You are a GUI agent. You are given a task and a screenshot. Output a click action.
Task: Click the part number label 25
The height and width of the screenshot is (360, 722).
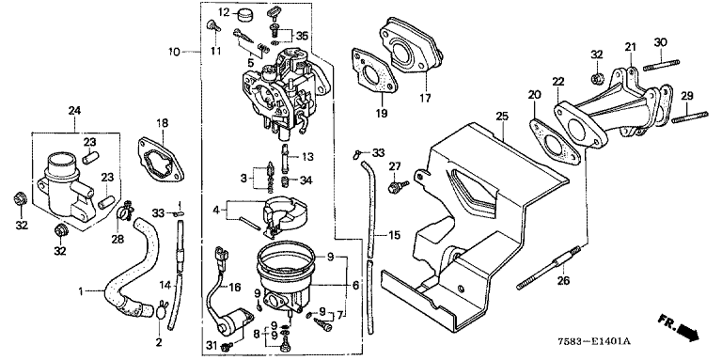click(x=502, y=116)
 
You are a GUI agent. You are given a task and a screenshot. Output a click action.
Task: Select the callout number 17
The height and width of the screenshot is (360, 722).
click(x=425, y=98)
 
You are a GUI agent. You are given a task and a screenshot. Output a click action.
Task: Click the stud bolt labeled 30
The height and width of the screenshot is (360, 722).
click(x=662, y=65)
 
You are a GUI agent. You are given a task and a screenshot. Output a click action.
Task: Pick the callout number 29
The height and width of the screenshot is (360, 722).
click(x=686, y=96)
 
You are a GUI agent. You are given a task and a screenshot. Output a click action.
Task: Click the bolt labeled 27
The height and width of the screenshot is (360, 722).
click(x=399, y=186)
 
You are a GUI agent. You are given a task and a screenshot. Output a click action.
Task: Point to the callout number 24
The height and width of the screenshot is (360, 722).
click(x=74, y=111)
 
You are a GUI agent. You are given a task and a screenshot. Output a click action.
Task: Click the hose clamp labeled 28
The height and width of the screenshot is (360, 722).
click(x=125, y=211)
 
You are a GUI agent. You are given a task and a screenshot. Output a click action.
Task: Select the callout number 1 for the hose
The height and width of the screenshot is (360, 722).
click(x=81, y=291)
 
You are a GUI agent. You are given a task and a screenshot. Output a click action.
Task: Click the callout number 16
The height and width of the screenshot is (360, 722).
click(x=234, y=288)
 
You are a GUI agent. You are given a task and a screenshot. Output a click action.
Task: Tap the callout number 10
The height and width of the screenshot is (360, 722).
click(x=175, y=52)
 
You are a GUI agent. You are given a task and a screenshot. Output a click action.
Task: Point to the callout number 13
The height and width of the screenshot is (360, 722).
click(x=307, y=157)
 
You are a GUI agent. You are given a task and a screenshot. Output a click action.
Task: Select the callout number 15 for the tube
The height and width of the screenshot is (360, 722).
click(x=394, y=236)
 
